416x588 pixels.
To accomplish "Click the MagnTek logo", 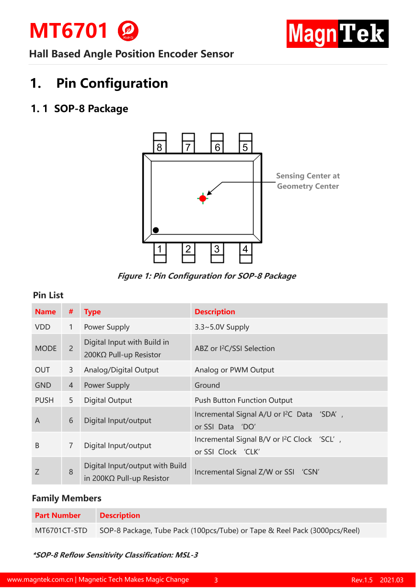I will (x=337, y=34).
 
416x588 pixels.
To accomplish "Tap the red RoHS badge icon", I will (x=128, y=31).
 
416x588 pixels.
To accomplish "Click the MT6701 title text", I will (x=69, y=31).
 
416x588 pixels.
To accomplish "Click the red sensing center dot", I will (x=203, y=198).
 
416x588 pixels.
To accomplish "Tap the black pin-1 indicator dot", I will (x=156, y=230).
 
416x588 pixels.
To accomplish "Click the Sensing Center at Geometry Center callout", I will (x=308, y=181).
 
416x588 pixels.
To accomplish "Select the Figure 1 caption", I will (x=207, y=276).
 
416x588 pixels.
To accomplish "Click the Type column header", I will (x=92, y=312).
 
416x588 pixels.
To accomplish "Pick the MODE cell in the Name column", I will (x=46, y=349).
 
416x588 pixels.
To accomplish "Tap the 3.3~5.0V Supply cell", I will (x=222, y=327).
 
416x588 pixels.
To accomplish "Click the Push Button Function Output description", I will (x=243, y=400).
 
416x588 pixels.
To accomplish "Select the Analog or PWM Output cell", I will (x=234, y=370).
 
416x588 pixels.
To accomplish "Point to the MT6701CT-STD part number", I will (x=61, y=531).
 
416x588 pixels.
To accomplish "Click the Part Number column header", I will (x=58, y=516).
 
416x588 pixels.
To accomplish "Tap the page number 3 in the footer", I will (x=216, y=580).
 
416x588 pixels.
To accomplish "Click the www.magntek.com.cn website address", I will (x=40, y=580).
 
